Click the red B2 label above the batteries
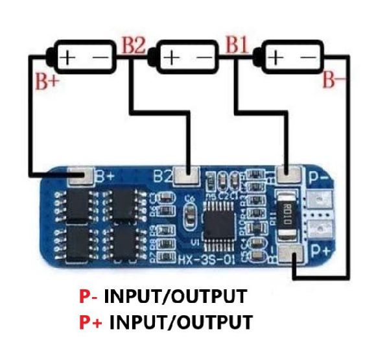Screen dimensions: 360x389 (135, 47)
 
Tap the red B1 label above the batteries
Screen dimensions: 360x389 (237, 47)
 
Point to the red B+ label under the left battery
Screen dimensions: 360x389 (46, 82)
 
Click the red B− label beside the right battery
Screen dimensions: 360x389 (336, 81)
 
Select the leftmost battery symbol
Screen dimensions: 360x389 (85, 58)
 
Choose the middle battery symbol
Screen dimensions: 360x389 (187, 58)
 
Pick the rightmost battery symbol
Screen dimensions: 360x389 (290, 58)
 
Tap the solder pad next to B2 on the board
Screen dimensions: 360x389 (189, 174)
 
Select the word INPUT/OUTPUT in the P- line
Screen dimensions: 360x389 (176, 298)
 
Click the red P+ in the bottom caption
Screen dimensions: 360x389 (91, 322)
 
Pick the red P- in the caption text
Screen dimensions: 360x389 (89, 298)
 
